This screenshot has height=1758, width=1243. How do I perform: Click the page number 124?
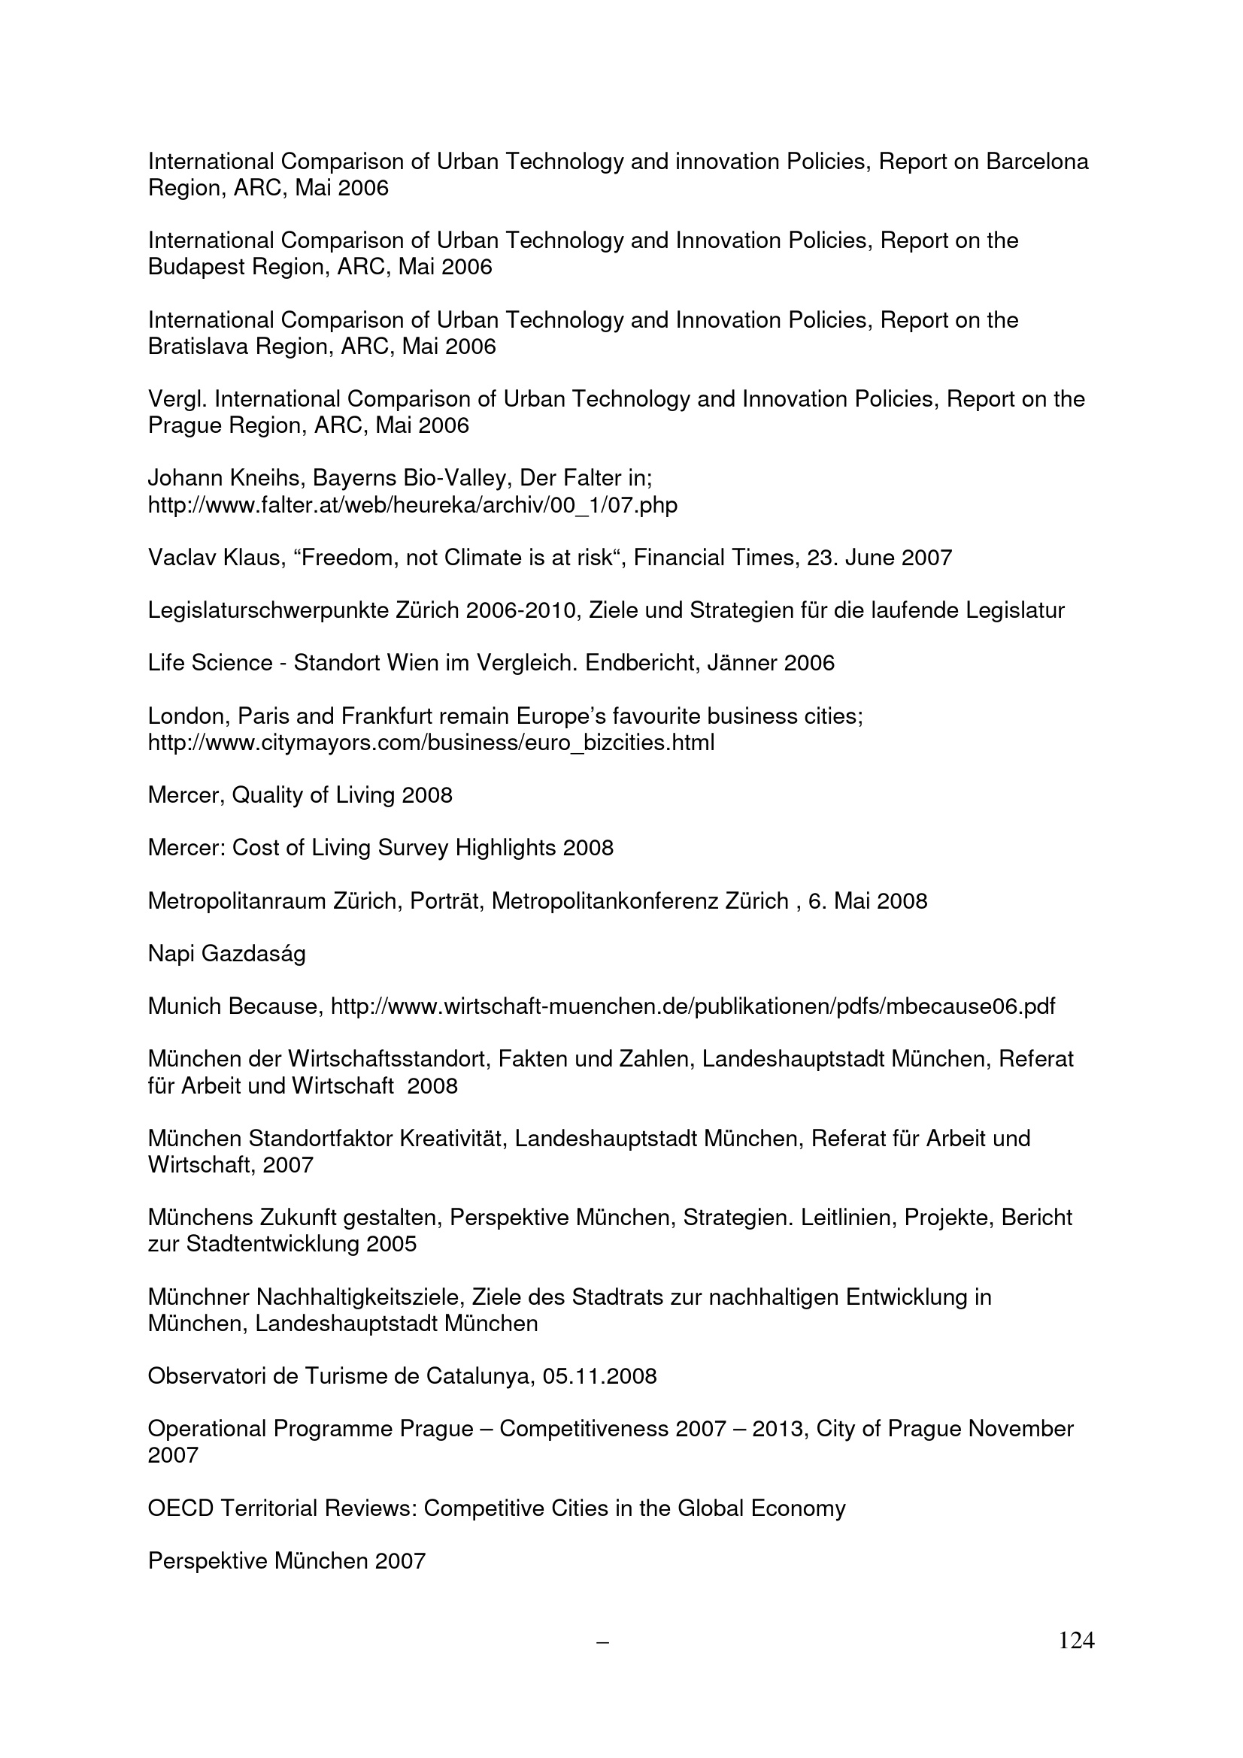tap(1076, 1640)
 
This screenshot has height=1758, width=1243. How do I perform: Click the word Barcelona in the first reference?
tap(1037, 162)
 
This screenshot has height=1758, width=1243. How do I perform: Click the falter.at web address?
tap(412, 505)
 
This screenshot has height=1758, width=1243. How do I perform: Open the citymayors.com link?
tap(430, 743)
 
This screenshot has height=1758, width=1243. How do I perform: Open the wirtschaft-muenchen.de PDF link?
tap(693, 1006)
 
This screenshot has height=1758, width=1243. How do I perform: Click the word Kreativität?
tap(453, 1139)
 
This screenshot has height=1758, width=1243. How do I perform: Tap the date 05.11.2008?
tap(599, 1377)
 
